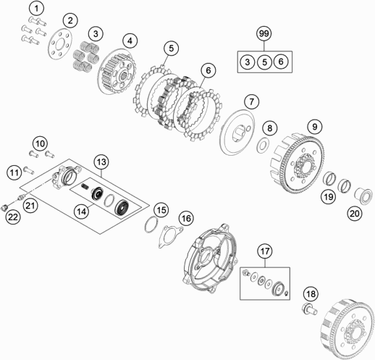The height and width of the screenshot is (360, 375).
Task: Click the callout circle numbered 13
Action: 101,161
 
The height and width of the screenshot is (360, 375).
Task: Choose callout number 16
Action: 186,218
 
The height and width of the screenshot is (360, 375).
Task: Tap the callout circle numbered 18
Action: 311,293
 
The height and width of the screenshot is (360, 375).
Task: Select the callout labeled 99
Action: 264,33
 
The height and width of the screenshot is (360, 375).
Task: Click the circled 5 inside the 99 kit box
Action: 264,62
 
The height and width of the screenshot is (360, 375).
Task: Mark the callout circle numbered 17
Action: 265,251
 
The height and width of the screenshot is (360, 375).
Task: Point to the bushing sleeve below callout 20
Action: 360,196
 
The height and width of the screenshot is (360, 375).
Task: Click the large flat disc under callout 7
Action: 236,132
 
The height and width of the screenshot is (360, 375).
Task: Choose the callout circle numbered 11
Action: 14,171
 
